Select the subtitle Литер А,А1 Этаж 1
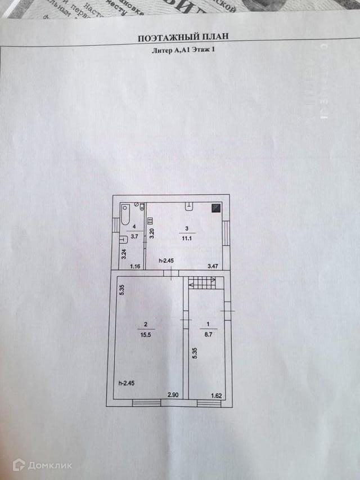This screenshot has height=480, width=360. pos(183,50)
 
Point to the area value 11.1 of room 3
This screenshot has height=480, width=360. pos(187,238)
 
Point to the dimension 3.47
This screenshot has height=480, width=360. pos(213,266)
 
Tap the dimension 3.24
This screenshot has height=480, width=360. pos(124,254)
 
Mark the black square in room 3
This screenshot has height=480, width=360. pos(216,208)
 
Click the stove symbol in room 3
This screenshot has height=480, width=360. pos(150,221)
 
